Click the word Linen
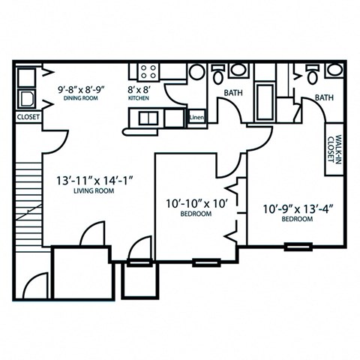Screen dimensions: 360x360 pos(196,118)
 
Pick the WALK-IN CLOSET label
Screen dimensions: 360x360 pos(333,154)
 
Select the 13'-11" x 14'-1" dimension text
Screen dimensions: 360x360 pos(94,181)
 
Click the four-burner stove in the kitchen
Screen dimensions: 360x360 pos(147,72)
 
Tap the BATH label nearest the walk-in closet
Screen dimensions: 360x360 pos(324,97)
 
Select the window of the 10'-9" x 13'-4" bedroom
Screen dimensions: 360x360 pos(298,247)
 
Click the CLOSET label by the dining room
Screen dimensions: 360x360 pos(28,118)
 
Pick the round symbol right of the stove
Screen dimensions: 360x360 pos(197,72)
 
